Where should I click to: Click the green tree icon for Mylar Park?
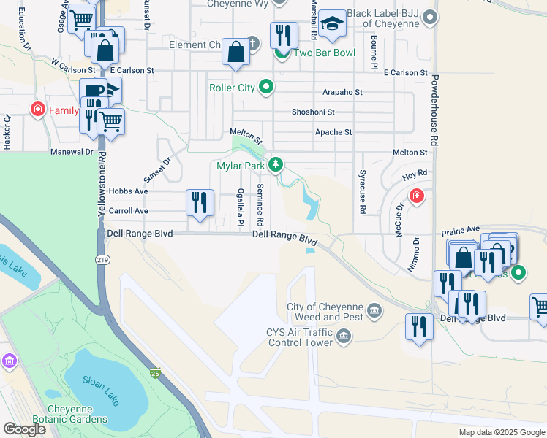pyautogui.click(x=275, y=164)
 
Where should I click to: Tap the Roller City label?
pyautogui.click(x=232, y=88)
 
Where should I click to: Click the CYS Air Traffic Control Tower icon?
pyautogui.click(x=343, y=337)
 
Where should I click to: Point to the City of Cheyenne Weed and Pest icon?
pyautogui.click(x=375, y=312)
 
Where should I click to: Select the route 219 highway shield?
pyautogui.click(x=102, y=259)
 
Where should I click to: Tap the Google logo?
pyautogui.click(x=23, y=429)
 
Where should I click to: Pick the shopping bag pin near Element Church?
pyautogui.click(x=235, y=52)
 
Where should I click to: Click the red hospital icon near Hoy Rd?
pyautogui.click(x=416, y=196)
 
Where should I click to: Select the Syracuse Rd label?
pyautogui.click(x=362, y=199)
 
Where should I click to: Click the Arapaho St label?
pyautogui.click(x=343, y=93)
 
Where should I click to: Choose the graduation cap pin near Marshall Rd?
pyautogui.click(x=332, y=26)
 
